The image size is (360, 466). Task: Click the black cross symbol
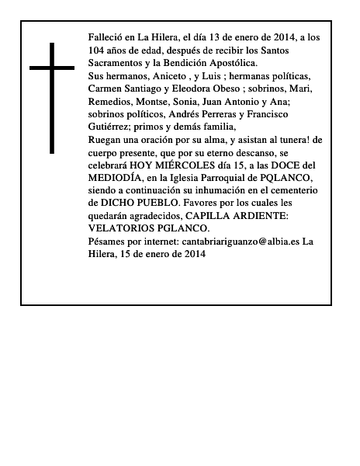point(53,97)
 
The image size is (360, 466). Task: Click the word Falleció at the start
point(107,37)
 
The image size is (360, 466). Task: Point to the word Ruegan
point(106,140)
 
